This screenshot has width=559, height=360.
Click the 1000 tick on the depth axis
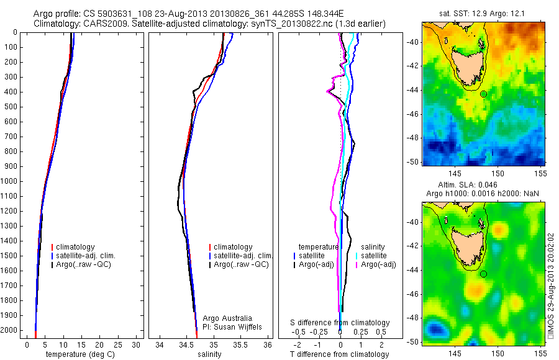tap(10, 181)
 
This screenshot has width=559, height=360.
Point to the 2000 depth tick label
tap(10, 330)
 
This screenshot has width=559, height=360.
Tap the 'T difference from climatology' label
tap(339, 354)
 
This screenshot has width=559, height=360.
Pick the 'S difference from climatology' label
tap(340, 323)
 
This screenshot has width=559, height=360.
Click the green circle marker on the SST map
tap(483, 94)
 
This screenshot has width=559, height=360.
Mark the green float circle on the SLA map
tap(483, 274)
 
